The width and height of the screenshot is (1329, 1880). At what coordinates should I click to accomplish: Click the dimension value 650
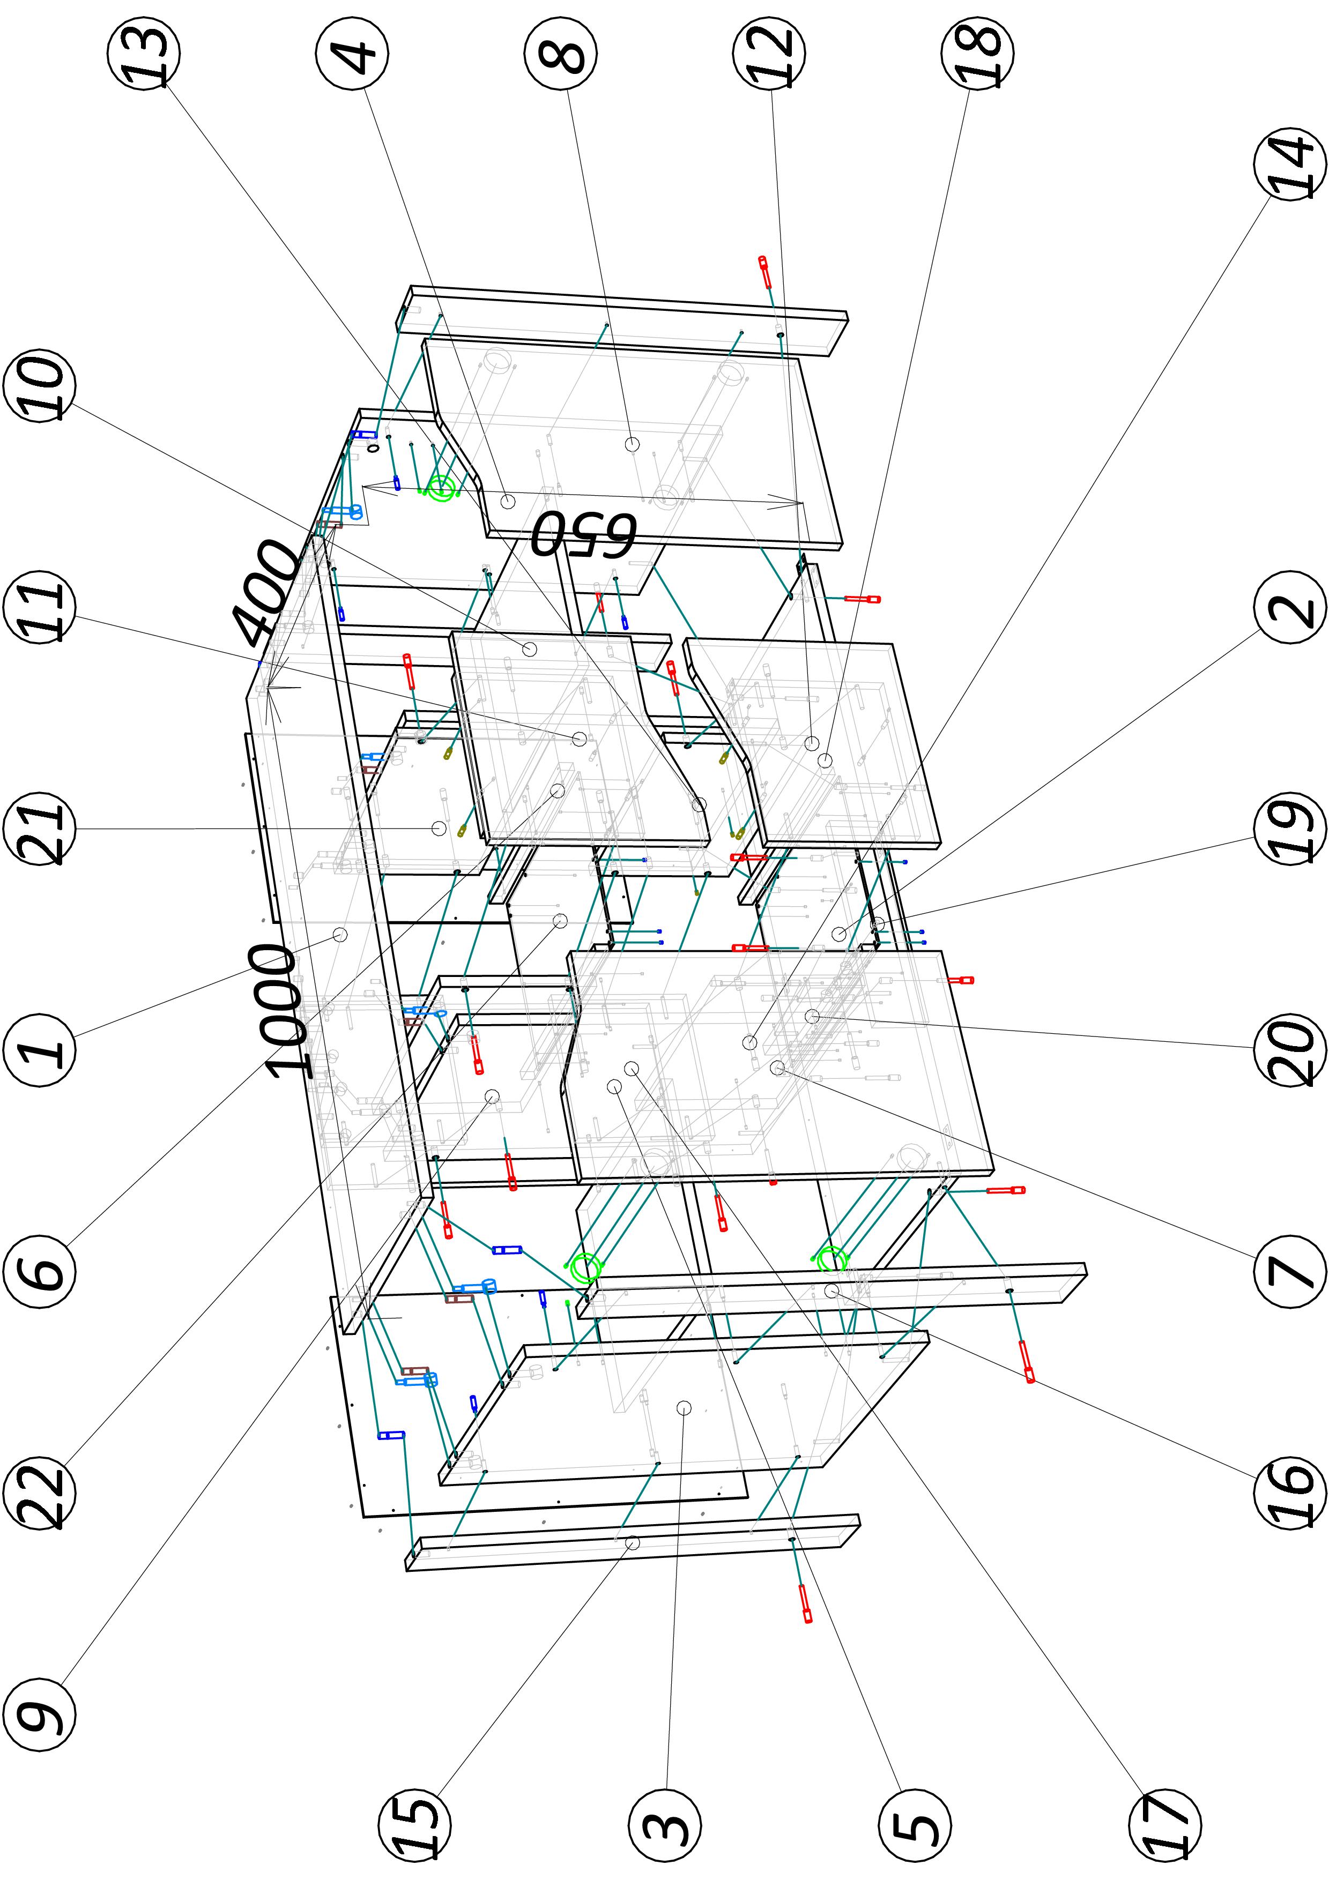(x=583, y=534)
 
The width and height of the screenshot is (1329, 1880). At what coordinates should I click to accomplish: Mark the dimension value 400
(x=266, y=591)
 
